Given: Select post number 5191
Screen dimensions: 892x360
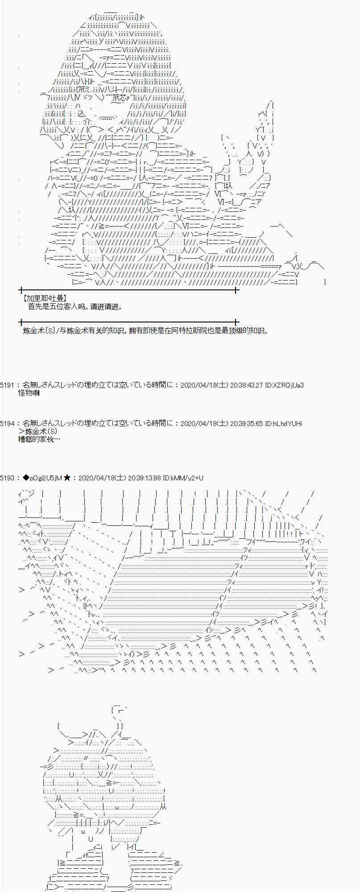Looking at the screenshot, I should point(8,385).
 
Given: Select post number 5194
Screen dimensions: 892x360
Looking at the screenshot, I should point(8,423).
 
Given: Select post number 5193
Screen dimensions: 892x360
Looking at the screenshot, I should point(8,478).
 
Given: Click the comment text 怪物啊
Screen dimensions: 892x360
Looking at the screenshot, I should point(29,393).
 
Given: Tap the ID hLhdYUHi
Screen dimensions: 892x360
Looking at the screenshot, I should point(284,423).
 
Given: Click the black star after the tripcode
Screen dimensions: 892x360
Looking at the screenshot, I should point(67,478).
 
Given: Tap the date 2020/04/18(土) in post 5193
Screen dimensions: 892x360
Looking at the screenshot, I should point(101,478).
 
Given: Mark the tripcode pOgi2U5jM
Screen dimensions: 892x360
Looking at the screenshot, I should point(46,478).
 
